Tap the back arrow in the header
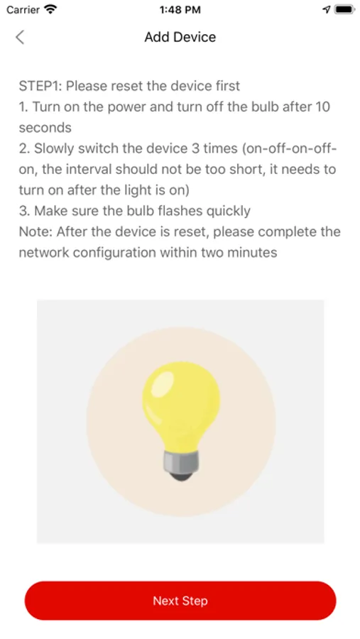pos(20,37)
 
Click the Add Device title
pos(180,37)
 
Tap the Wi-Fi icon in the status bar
pos(50,9)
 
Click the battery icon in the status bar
pos(344,9)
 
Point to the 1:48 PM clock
pos(180,10)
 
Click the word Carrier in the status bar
pos(23,9)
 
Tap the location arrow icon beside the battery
pos(326,9)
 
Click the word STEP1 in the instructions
pos(40,86)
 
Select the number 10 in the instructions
pos(322,106)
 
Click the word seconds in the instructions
pos(45,128)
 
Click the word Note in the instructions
pos(34,232)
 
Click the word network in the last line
pos(44,253)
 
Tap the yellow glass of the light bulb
pos(181,403)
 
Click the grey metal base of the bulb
pos(181,461)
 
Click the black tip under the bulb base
pos(181,476)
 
